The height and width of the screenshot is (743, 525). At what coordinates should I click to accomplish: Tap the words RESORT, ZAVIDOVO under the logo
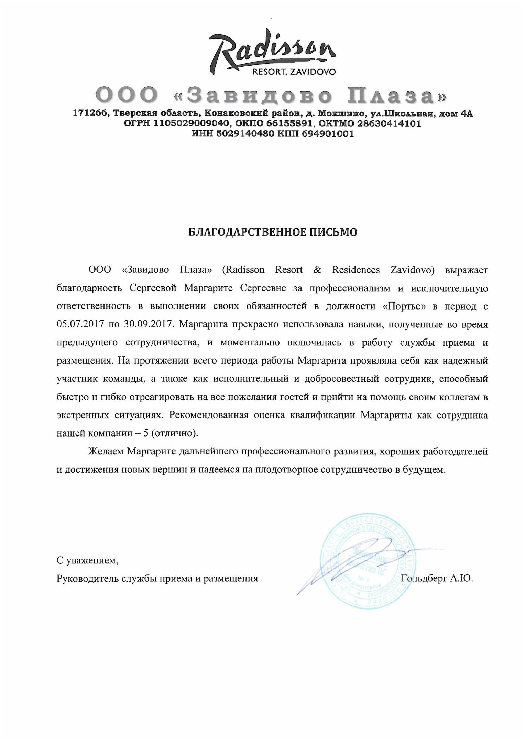tap(294, 72)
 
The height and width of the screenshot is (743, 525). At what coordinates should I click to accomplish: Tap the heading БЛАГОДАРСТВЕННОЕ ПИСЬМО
tap(273, 232)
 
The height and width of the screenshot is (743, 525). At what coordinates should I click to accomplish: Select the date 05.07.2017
tap(79, 324)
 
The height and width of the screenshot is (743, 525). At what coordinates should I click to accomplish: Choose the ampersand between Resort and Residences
tap(317, 270)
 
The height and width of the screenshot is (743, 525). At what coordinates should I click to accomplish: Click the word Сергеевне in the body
tap(263, 288)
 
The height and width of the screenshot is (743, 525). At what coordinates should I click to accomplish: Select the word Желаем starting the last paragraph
tap(106, 451)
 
